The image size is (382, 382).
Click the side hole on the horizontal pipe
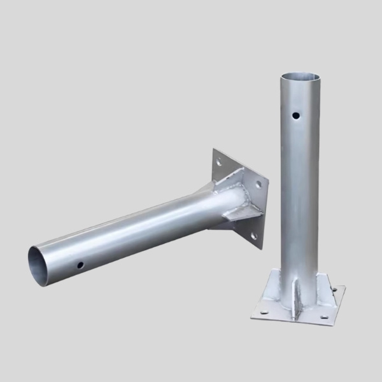coord(80,264)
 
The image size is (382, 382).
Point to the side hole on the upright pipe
coord(296,117)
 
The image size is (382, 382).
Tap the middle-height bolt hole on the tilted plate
coord(258,185)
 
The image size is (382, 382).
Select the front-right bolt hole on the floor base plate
coord(323,316)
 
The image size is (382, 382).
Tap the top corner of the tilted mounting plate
coord(213,150)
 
